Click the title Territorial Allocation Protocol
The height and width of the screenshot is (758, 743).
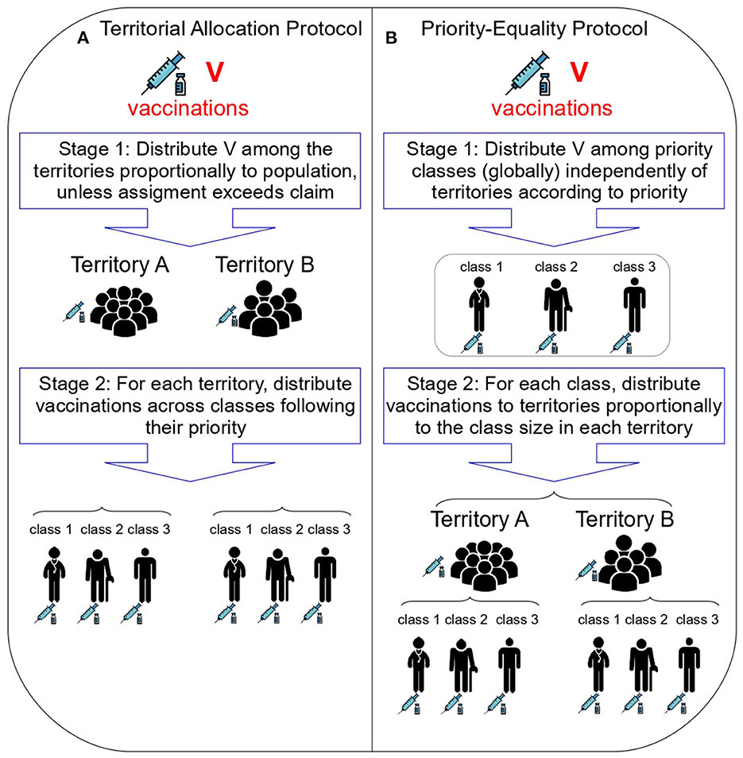coord(230,29)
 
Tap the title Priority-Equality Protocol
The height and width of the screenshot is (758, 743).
coord(534,29)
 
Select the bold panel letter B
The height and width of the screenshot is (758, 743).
coord(391,38)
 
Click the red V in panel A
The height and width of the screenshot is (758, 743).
coord(215,72)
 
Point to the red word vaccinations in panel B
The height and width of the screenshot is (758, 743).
coord(551,108)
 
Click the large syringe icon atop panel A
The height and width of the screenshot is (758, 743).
coord(164,72)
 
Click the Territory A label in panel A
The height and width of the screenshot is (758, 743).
coord(120,265)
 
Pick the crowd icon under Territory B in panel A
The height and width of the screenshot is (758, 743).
coord(269,308)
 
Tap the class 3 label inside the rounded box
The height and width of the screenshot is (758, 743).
coord(634,267)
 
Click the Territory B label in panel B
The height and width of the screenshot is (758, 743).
coord(625,519)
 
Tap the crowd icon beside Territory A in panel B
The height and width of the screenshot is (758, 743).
coord(484,566)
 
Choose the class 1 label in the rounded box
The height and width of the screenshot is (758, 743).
coord(482,267)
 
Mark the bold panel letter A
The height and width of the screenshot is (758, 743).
coord(83,38)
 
